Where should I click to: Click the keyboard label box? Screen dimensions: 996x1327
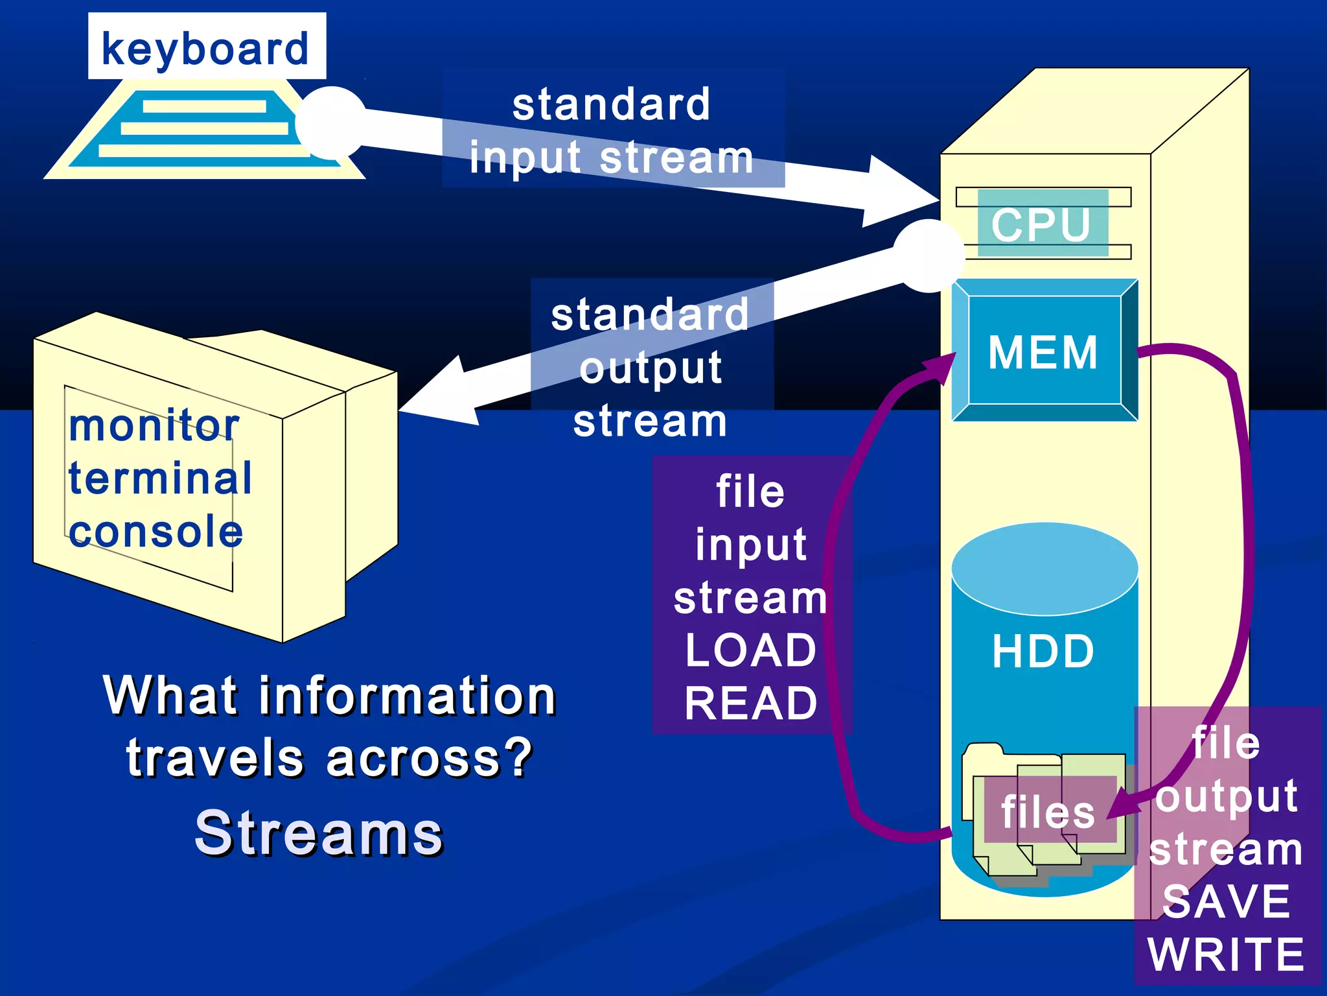tap(207, 47)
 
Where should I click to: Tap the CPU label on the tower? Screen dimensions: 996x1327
tap(1041, 224)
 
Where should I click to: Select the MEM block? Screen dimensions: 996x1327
tap(1043, 351)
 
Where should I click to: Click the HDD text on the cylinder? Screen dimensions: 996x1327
tap(1043, 651)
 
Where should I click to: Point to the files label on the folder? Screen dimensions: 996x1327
tap(1048, 812)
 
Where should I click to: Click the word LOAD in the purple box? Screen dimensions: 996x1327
tap(750, 650)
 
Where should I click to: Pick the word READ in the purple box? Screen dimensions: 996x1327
tap(750, 704)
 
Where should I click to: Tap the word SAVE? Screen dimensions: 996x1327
tap(1226, 901)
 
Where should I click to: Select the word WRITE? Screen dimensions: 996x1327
tap(1226, 954)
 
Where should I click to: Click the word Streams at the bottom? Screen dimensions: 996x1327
tap(319, 833)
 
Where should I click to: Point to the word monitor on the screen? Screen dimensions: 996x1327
tap(154, 426)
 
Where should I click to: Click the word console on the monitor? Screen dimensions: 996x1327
tap(156, 532)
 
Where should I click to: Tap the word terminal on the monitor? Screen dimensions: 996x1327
tap(160, 479)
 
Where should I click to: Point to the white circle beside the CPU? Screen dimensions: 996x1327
tap(929, 255)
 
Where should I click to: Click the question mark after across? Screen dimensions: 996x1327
tap(518, 757)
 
